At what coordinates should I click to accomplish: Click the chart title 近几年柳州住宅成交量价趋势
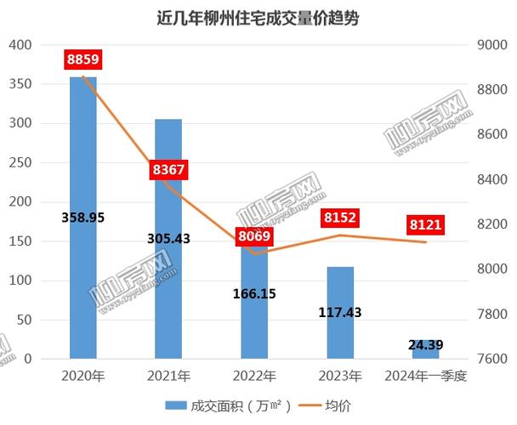[x=258, y=18]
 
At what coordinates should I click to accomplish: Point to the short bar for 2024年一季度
[x=426, y=350]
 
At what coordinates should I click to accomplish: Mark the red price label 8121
[x=426, y=225]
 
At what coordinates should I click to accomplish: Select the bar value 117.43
[x=340, y=313]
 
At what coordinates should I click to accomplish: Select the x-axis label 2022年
[x=254, y=375]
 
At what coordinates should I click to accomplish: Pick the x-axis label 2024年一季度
[x=426, y=375]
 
